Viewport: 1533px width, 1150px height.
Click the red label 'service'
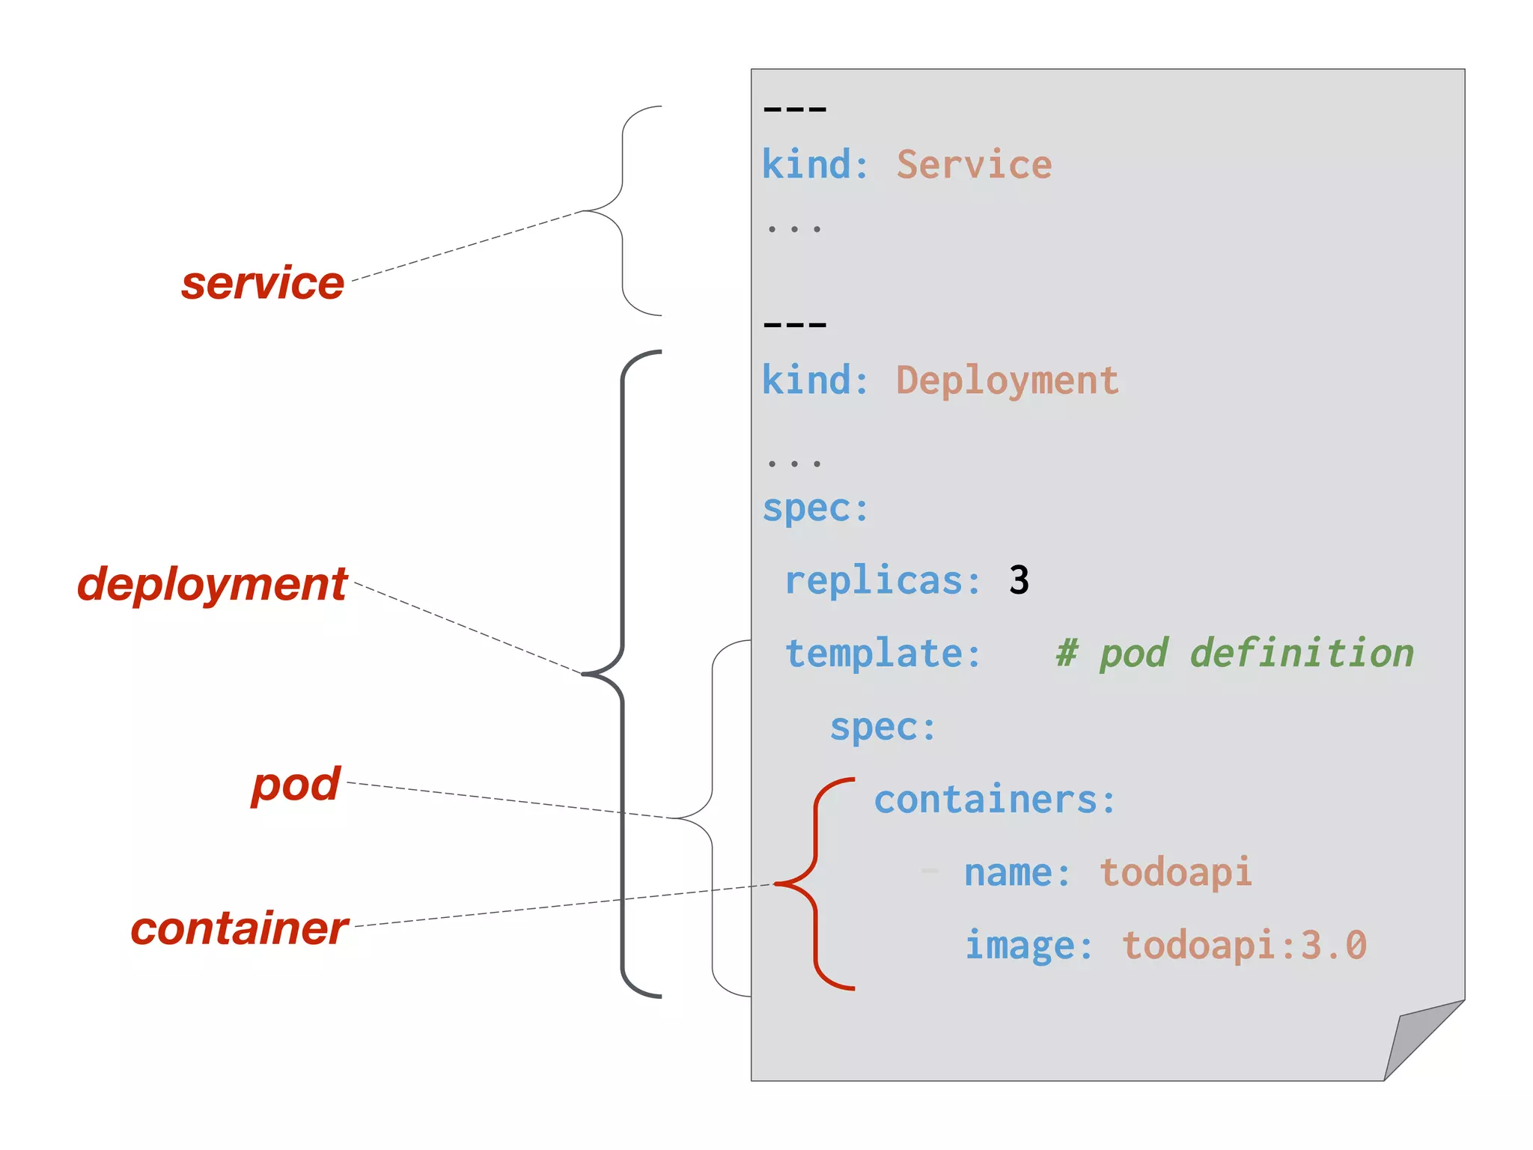coord(263,284)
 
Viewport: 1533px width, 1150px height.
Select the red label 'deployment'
coord(213,584)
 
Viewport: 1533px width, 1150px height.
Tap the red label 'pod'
coord(296,785)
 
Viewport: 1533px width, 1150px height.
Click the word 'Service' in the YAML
coord(974,165)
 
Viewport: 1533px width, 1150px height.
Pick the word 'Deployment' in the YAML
coord(1007,380)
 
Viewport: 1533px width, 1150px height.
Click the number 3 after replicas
coord(1019,580)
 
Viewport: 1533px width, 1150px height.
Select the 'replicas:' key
coord(883,581)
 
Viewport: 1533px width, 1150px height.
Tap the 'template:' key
coord(883,654)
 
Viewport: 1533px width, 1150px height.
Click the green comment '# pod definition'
coord(1234,654)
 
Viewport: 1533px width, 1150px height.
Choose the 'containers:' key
coord(995,800)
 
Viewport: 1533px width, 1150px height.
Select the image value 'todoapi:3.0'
coord(1244,945)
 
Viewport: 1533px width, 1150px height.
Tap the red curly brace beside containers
coord(815,883)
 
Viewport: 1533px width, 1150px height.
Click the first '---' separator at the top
coord(795,109)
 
